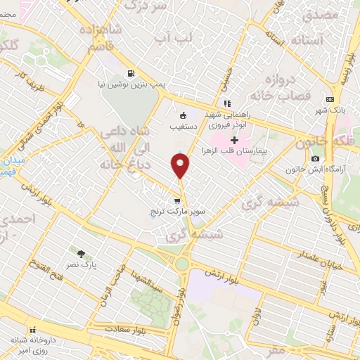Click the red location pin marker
pyautogui.click(x=181, y=166)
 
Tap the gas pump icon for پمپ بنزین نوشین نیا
pyautogui.click(x=131, y=73)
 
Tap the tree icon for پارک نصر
pyautogui.click(x=82, y=254)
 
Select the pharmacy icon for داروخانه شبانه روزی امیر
pyautogui.click(x=32, y=330)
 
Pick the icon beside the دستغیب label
pyautogui.click(x=184, y=115)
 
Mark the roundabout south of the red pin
pyautogui.click(x=183, y=264)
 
